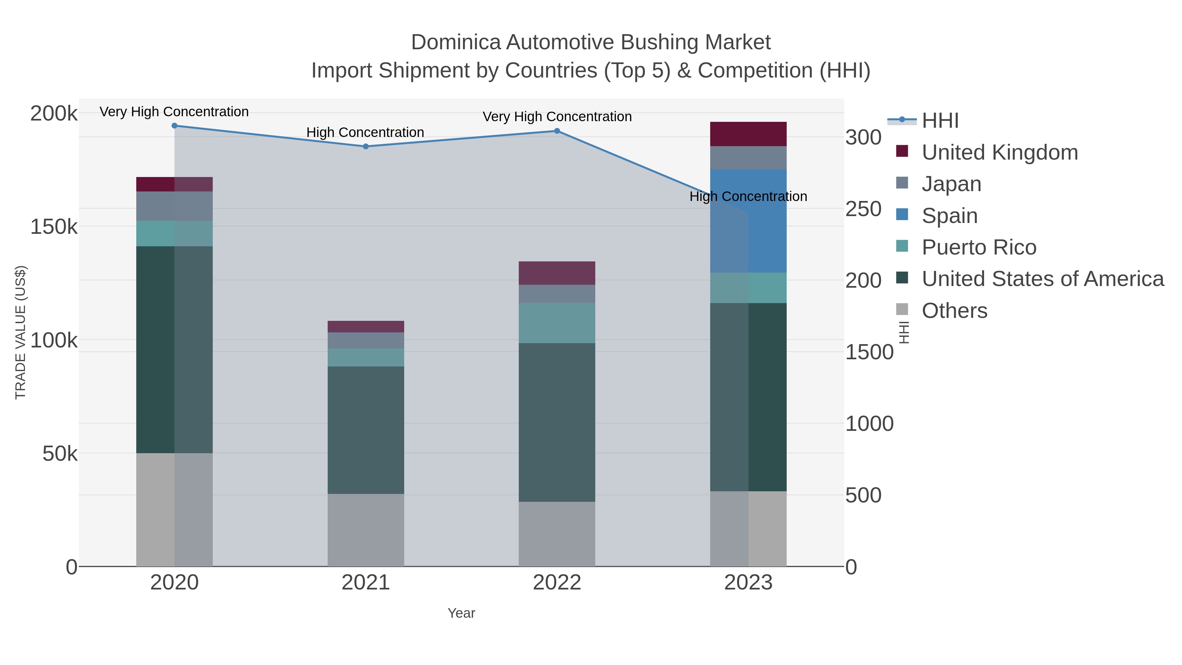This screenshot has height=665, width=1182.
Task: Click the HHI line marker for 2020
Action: tap(174, 126)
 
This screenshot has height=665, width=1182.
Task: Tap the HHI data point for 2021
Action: tap(366, 146)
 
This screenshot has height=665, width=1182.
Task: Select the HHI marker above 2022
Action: tap(557, 131)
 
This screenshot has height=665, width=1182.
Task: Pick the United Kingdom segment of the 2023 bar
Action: tap(748, 134)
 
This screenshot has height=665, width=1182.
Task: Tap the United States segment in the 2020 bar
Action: tap(174, 349)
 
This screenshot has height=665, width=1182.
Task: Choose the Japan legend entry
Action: tap(951, 184)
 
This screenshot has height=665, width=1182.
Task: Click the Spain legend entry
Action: tap(949, 216)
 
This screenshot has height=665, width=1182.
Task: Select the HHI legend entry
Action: tap(940, 121)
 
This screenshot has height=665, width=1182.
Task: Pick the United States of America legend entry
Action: tap(1042, 279)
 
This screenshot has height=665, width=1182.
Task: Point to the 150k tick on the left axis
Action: tap(54, 227)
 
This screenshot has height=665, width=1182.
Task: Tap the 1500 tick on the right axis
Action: tap(869, 352)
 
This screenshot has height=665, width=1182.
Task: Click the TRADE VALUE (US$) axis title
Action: tap(21, 332)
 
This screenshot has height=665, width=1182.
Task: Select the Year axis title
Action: tap(461, 613)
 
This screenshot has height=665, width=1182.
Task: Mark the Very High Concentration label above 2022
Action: tap(557, 117)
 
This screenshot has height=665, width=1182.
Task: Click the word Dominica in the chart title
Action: tap(456, 42)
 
